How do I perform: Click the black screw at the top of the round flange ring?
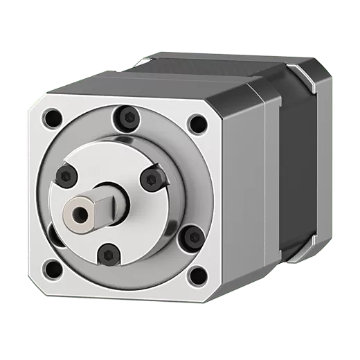(126, 115)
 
